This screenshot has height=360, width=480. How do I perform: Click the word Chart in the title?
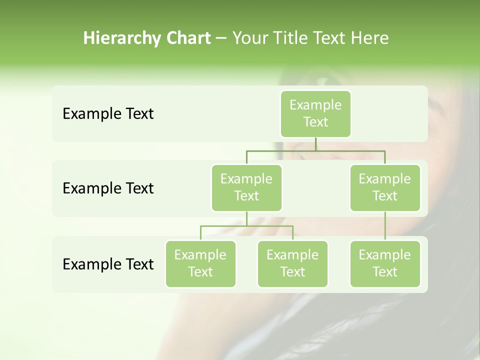[188, 38]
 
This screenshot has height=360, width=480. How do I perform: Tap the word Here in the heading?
[369, 38]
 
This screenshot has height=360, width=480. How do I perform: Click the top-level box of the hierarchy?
[315, 113]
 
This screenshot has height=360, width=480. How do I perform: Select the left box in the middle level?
[246, 187]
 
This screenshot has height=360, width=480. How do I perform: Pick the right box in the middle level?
[385, 187]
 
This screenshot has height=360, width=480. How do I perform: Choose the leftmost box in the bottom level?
[200, 263]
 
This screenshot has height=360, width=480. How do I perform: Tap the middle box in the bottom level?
[292, 263]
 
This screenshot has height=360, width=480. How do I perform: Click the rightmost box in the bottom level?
[385, 263]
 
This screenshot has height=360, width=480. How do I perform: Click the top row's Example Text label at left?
[108, 114]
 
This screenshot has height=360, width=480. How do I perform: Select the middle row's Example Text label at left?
[108, 188]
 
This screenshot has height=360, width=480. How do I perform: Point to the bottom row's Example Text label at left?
[108, 264]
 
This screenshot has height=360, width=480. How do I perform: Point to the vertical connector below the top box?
[315, 144]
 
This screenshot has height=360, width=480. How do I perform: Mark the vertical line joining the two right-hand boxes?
[385, 226]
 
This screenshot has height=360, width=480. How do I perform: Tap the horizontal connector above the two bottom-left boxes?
[246, 226]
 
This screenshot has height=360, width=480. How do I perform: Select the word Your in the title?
[248, 38]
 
